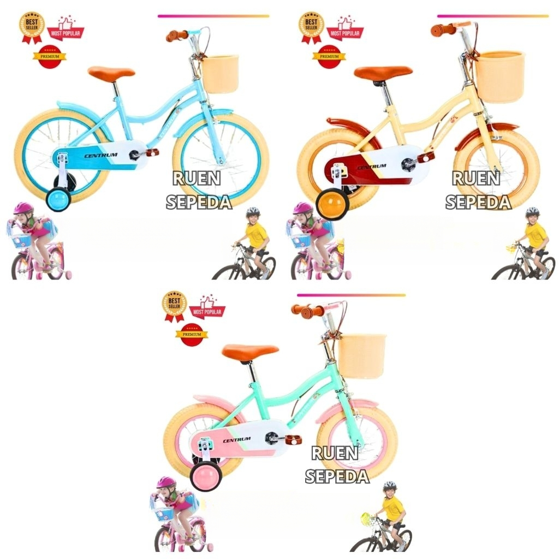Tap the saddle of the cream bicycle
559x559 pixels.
(383, 73)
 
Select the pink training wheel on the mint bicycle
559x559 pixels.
(205, 475)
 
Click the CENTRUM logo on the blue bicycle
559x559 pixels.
(101, 155)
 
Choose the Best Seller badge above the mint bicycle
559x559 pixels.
(175, 304)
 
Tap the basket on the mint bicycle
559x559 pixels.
(361, 355)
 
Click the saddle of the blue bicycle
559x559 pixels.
(111, 72)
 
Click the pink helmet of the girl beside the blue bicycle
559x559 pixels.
(23, 208)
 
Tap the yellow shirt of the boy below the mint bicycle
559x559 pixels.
(393, 508)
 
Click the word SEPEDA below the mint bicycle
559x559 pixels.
(337, 476)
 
